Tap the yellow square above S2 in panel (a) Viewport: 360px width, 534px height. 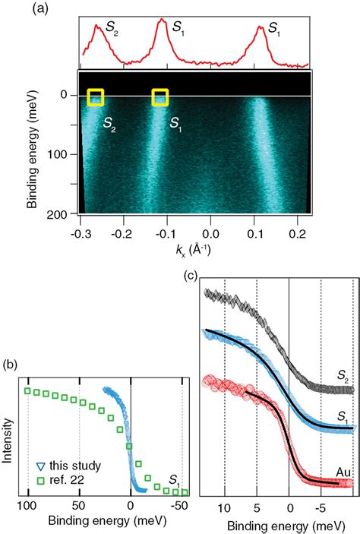[x=95, y=97]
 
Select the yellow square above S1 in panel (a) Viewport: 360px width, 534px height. [x=159, y=97]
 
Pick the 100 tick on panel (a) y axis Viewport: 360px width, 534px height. [x=64, y=154]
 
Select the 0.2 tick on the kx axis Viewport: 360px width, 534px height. [x=300, y=226]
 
